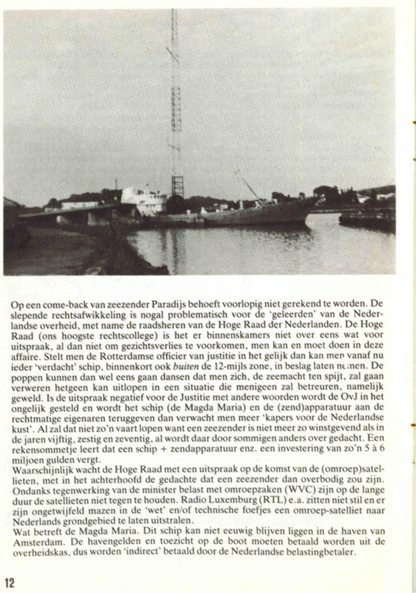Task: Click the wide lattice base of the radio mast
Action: (178, 186)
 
